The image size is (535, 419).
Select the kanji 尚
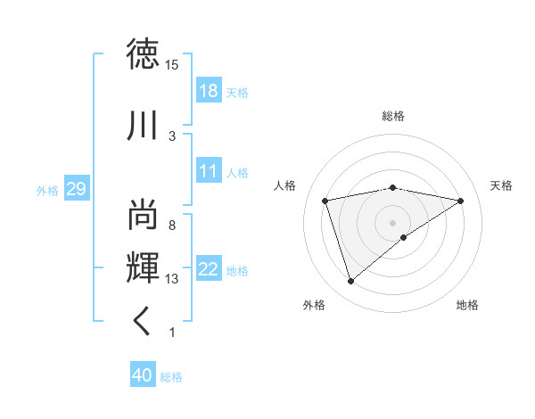(x=144, y=215)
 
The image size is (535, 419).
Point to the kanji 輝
(x=144, y=268)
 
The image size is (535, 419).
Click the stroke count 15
(x=172, y=64)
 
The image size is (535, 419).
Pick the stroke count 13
(x=172, y=279)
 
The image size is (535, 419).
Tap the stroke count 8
(x=171, y=226)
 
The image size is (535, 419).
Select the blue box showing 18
(x=209, y=90)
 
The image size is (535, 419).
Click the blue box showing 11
(x=209, y=171)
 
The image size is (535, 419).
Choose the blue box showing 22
(x=209, y=269)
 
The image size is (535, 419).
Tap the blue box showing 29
(x=76, y=189)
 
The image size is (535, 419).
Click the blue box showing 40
(x=143, y=375)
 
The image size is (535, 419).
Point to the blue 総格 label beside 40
(x=171, y=377)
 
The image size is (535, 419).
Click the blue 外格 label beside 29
(x=47, y=190)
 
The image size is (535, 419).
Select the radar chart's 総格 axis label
(x=393, y=116)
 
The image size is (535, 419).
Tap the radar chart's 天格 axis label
(x=502, y=185)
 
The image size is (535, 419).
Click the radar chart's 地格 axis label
(x=467, y=305)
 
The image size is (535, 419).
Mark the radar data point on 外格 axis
(x=350, y=282)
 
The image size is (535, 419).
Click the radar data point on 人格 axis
(x=325, y=201)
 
